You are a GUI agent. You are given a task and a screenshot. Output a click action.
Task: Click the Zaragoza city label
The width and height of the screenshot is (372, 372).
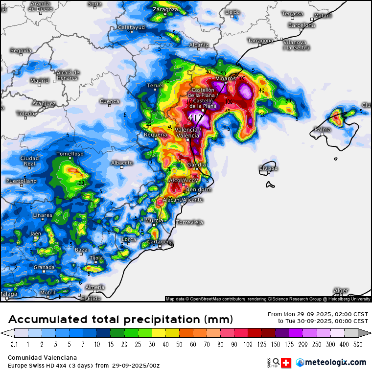pos(164,9)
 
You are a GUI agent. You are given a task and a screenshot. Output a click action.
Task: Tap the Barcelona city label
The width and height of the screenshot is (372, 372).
pos(302,25)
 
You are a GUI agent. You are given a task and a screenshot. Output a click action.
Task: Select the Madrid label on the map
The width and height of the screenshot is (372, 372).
pos(40,81)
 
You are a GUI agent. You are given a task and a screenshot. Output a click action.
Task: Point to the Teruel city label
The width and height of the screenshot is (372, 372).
pos(155,86)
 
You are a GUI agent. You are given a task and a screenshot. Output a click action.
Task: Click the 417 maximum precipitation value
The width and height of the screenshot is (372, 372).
pos(196,118)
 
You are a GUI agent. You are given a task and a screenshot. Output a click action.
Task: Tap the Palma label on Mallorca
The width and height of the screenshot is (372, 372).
pos(323,130)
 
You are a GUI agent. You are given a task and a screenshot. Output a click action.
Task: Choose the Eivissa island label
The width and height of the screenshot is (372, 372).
pos(268,168)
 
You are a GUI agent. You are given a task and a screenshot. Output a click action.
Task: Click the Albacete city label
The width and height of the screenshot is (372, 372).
pos(122,163)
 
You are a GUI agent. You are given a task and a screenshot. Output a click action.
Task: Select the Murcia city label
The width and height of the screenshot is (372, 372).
pos(154,221)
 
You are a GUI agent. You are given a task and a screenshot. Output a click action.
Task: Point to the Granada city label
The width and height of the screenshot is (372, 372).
pos(44,267)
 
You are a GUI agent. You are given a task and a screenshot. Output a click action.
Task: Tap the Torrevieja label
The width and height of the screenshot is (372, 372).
pos(190,222)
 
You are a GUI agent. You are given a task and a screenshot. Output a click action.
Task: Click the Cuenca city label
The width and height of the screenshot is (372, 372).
pos(109,101)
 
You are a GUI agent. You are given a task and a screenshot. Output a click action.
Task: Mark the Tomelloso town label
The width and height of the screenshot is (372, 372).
pos(70,154)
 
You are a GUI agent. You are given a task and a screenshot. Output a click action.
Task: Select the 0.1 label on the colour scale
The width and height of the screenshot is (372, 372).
pos(15,344)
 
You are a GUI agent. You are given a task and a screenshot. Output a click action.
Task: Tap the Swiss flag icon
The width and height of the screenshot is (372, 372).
pos(285,362)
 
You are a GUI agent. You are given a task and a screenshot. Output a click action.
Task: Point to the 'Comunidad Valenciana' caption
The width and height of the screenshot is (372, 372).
pos(42,358)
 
